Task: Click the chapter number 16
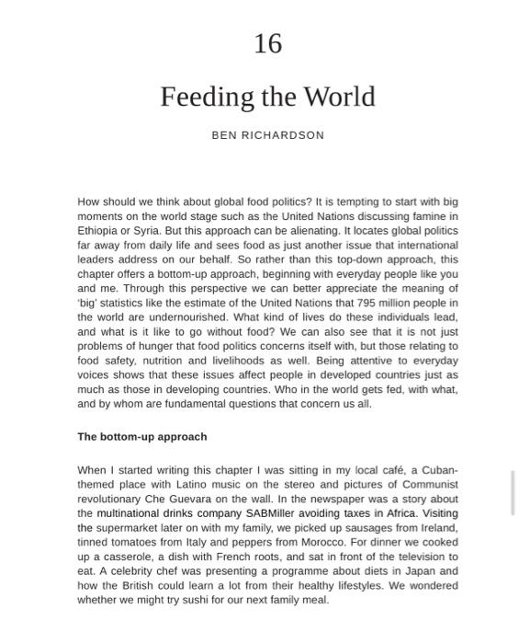click(267, 43)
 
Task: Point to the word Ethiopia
click(97, 231)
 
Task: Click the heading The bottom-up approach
click(142, 437)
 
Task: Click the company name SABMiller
click(274, 513)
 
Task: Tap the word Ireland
click(437, 528)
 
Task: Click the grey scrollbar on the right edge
click(513, 492)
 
